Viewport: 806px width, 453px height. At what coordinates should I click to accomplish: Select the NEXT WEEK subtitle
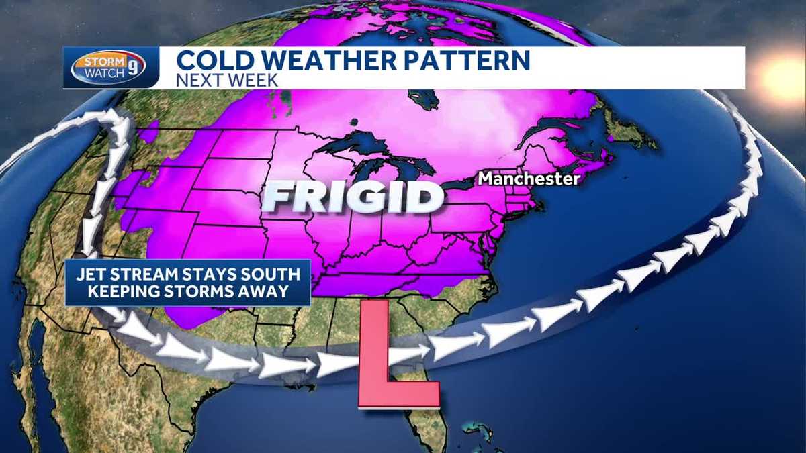227,80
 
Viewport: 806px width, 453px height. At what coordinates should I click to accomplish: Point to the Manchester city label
528,179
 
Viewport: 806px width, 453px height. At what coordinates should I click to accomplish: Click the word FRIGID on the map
353,197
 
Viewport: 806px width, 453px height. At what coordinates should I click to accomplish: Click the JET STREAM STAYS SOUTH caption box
187,283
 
